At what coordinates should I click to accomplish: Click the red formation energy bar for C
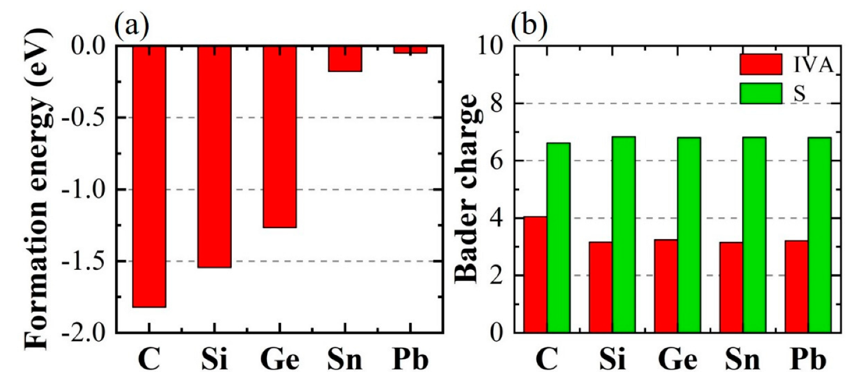tap(149, 176)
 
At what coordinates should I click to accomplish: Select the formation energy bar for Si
tap(215, 156)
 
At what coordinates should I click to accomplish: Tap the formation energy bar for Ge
tap(280, 136)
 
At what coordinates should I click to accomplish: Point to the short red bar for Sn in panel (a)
tap(345, 58)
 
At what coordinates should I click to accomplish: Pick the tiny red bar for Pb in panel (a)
tap(410, 49)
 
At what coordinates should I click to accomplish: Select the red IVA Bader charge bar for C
tap(535, 274)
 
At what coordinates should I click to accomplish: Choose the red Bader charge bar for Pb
tap(796, 287)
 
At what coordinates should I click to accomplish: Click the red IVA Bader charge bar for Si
tap(600, 287)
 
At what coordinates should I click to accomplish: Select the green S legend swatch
tap(761, 93)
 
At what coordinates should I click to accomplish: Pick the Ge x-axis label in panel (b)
tap(677, 359)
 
